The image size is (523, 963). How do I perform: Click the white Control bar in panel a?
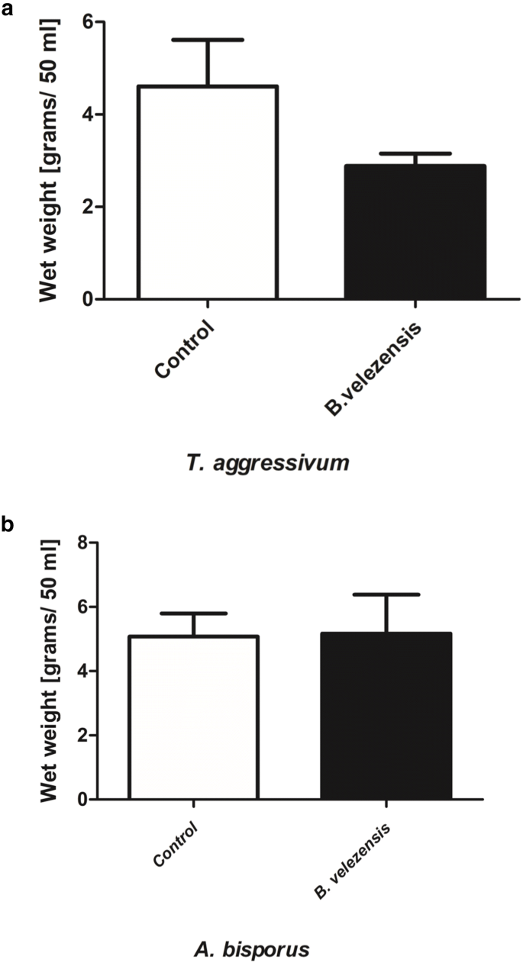coord(207,192)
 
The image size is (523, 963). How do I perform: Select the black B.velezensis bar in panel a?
coord(415,232)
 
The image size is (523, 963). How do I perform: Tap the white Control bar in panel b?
coord(193,717)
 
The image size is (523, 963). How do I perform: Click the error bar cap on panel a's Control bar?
coord(207,39)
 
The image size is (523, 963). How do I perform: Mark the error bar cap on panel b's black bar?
coord(386,594)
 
